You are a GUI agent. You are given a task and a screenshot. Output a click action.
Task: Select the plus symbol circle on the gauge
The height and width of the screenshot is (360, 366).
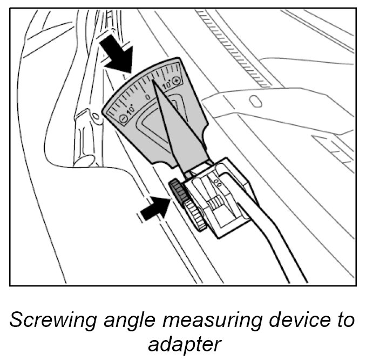coord(177,80)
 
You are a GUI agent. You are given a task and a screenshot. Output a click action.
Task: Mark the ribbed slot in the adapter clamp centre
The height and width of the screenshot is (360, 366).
coord(216,204)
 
